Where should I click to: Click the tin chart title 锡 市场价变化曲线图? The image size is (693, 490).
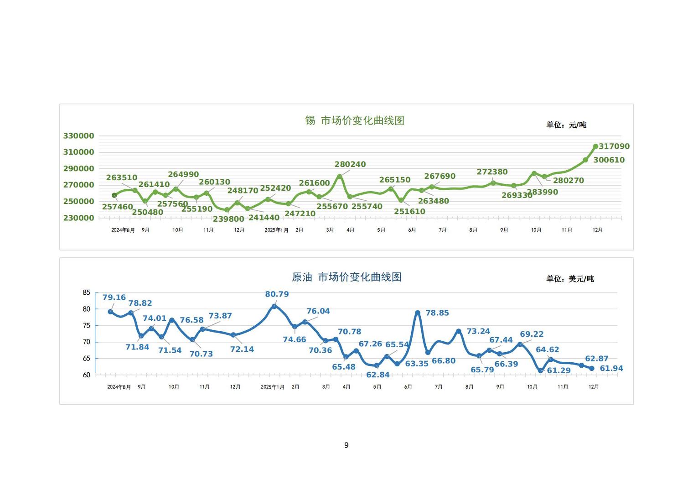(355, 120)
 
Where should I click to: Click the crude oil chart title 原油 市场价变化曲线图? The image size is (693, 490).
(346, 277)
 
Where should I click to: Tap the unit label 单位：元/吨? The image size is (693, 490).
(566, 125)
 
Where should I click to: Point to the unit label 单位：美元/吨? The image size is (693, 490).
(570, 279)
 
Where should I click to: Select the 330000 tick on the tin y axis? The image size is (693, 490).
(78, 136)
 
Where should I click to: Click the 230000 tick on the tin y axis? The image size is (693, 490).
(78, 218)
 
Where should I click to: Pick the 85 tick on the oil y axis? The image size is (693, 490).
(86, 292)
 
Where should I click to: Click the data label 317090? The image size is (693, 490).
(614, 146)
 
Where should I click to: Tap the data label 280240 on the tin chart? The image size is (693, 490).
(350, 164)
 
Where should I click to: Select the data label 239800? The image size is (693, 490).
(228, 219)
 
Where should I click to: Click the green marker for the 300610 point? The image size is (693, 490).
(585, 160)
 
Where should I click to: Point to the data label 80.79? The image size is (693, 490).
(277, 294)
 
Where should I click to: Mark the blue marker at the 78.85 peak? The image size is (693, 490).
(418, 313)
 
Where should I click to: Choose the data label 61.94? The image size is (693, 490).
(611, 369)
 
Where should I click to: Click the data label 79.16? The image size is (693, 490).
(114, 297)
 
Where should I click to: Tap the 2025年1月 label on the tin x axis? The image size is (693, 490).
(276, 230)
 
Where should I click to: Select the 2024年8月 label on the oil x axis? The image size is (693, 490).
(119, 387)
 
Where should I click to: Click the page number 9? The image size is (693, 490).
(346, 445)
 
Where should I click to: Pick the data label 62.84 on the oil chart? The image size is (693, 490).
(378, 375)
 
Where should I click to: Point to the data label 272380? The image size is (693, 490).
(492, 172)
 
